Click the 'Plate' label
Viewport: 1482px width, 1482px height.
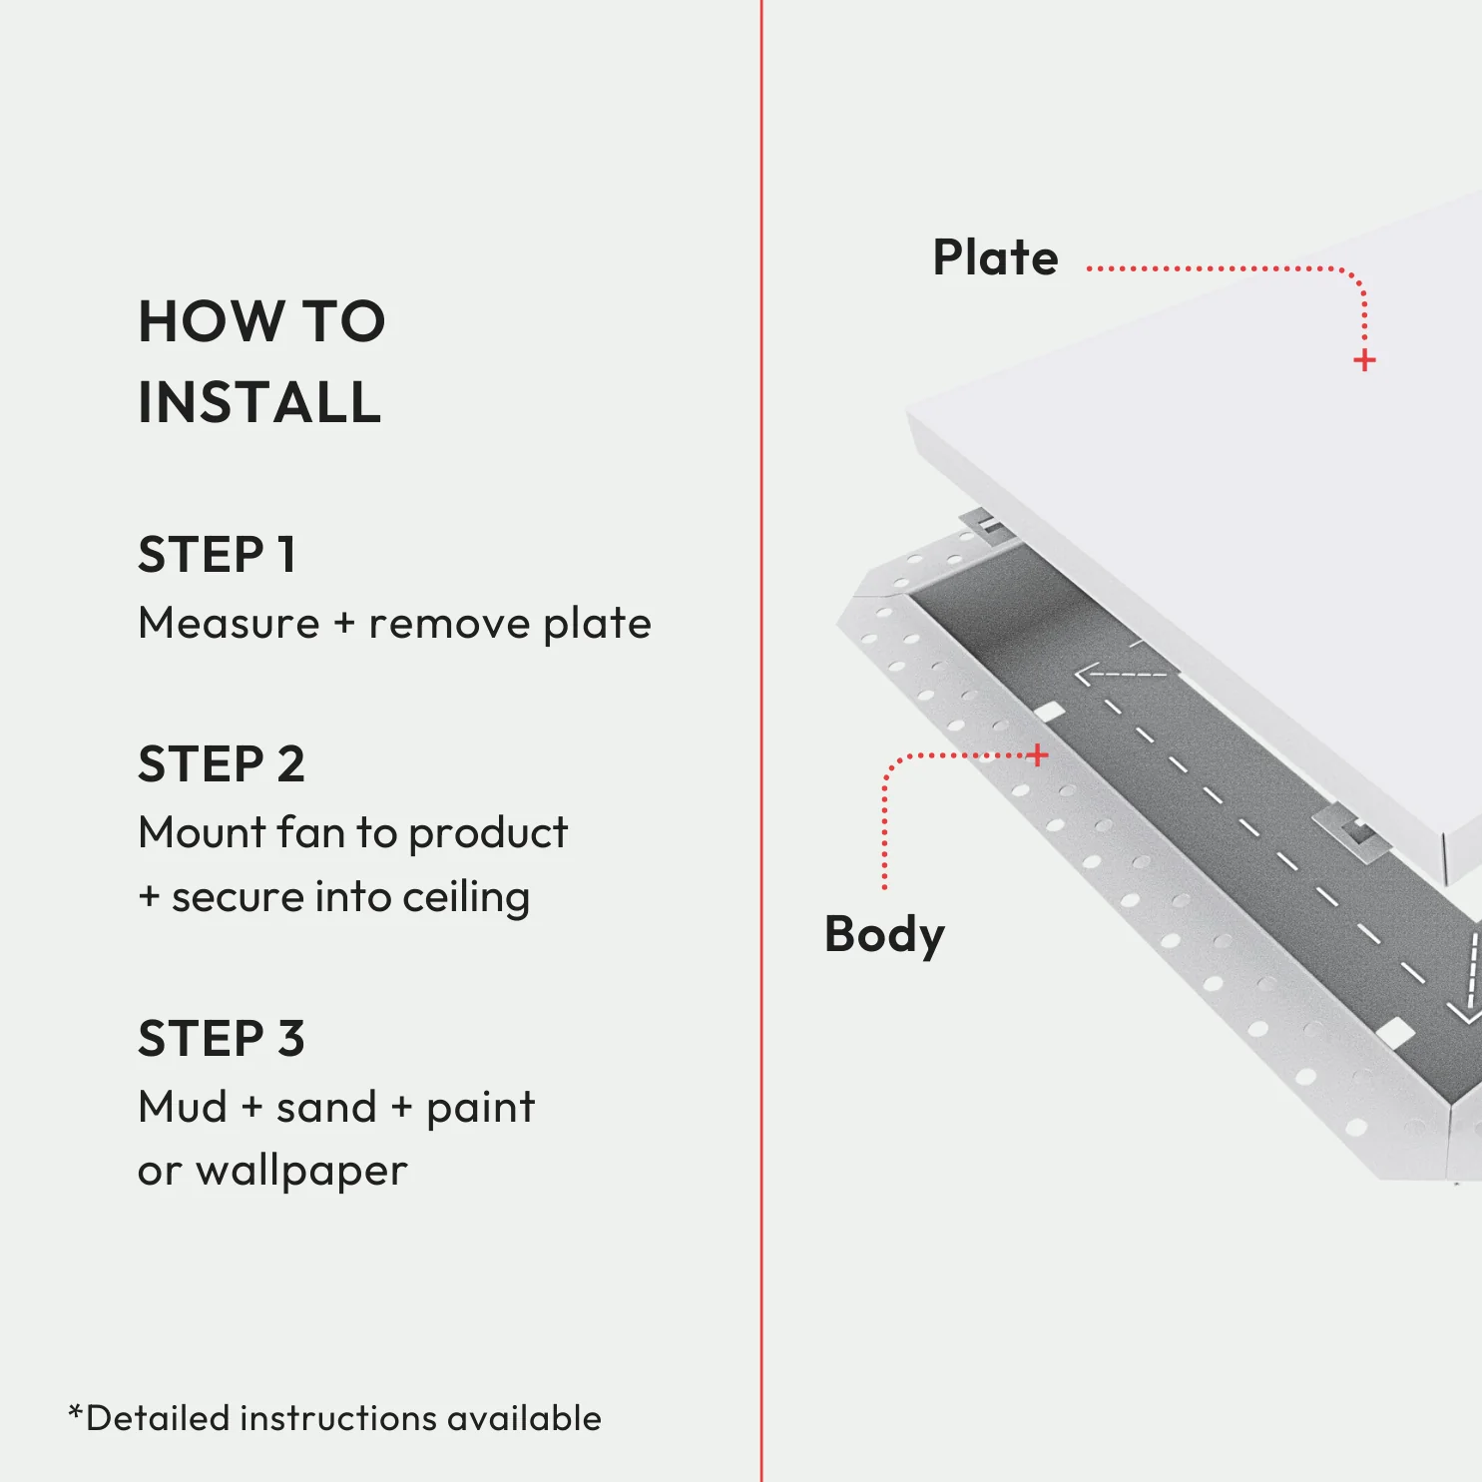[995, 257]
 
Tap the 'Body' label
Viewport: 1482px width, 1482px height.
[884, 935]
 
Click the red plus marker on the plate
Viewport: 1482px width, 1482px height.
[1364, 360]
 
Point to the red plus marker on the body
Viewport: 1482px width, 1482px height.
[1038, 754]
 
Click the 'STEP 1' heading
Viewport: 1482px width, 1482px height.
[217, 555]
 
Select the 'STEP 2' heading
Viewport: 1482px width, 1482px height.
[221, 764]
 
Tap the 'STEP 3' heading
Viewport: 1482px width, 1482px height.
[221, 1039]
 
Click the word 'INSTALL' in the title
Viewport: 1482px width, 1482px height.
[259, 402]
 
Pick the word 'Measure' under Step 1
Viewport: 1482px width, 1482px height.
[229, 624]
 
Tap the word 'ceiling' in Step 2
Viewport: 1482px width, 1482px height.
[466, 897]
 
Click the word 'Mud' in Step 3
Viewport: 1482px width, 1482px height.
[183, 1107]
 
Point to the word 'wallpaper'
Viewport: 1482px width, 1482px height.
[301, 1171]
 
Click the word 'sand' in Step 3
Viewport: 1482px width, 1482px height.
[325, 1107]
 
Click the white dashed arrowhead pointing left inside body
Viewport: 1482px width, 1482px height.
[1086, 675]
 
